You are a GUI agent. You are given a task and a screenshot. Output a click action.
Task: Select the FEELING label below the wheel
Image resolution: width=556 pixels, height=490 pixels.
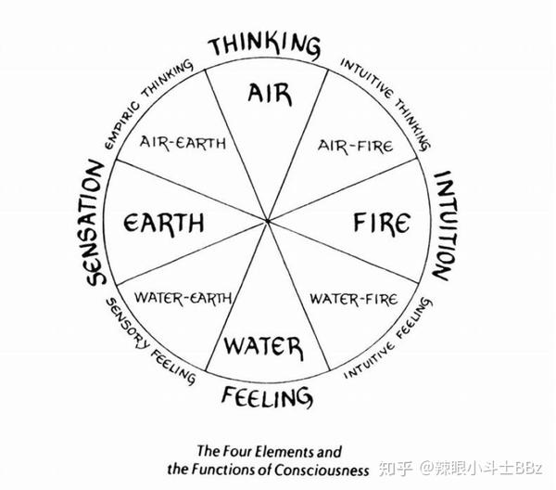265,398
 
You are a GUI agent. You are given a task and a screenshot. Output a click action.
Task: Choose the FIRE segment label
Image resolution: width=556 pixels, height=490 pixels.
380,224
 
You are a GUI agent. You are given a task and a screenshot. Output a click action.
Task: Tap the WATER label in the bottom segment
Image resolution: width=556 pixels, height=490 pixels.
262,349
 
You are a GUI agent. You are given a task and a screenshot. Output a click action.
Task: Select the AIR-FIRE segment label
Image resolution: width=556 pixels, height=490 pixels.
354,145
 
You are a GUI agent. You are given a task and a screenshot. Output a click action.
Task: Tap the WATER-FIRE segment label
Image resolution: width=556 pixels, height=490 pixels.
353,299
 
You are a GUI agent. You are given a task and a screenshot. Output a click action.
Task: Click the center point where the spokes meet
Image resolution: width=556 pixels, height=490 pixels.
268,220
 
